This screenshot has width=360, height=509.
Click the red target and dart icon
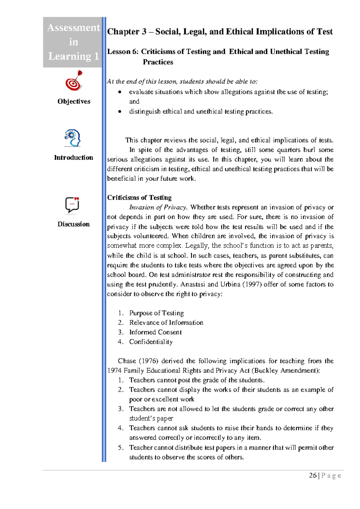click(74, 81)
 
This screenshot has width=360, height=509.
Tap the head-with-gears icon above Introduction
click(73, 138)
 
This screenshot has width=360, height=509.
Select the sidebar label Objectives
click(74, 101)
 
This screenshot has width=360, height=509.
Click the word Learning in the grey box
click(70, 56)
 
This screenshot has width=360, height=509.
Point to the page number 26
click(313, 475)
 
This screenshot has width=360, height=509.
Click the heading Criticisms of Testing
click(139, 197)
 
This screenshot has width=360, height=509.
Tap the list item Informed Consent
click(155, 332)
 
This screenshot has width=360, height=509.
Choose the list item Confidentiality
click(151, 342)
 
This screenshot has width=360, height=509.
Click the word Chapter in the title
click(123, 32)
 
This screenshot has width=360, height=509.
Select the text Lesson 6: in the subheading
click(123, 52)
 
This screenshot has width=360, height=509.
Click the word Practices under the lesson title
click(158, 62)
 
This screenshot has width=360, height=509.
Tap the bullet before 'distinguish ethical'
click(120, 112)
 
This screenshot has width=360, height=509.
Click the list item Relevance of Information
click(166, 323)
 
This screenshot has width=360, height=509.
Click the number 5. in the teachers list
click(121, 447)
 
